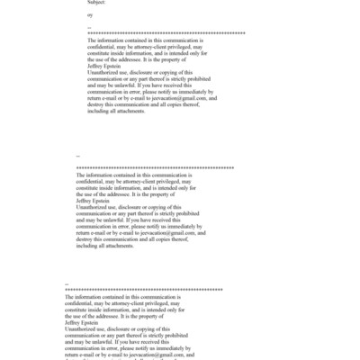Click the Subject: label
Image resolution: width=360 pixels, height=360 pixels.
pyautogui.click(x=95, y=3)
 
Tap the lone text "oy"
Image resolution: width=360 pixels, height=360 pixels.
pyautogui.click(x=89, y=15)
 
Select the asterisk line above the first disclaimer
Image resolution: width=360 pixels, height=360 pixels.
pyautogui.click(x=166, y=33)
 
